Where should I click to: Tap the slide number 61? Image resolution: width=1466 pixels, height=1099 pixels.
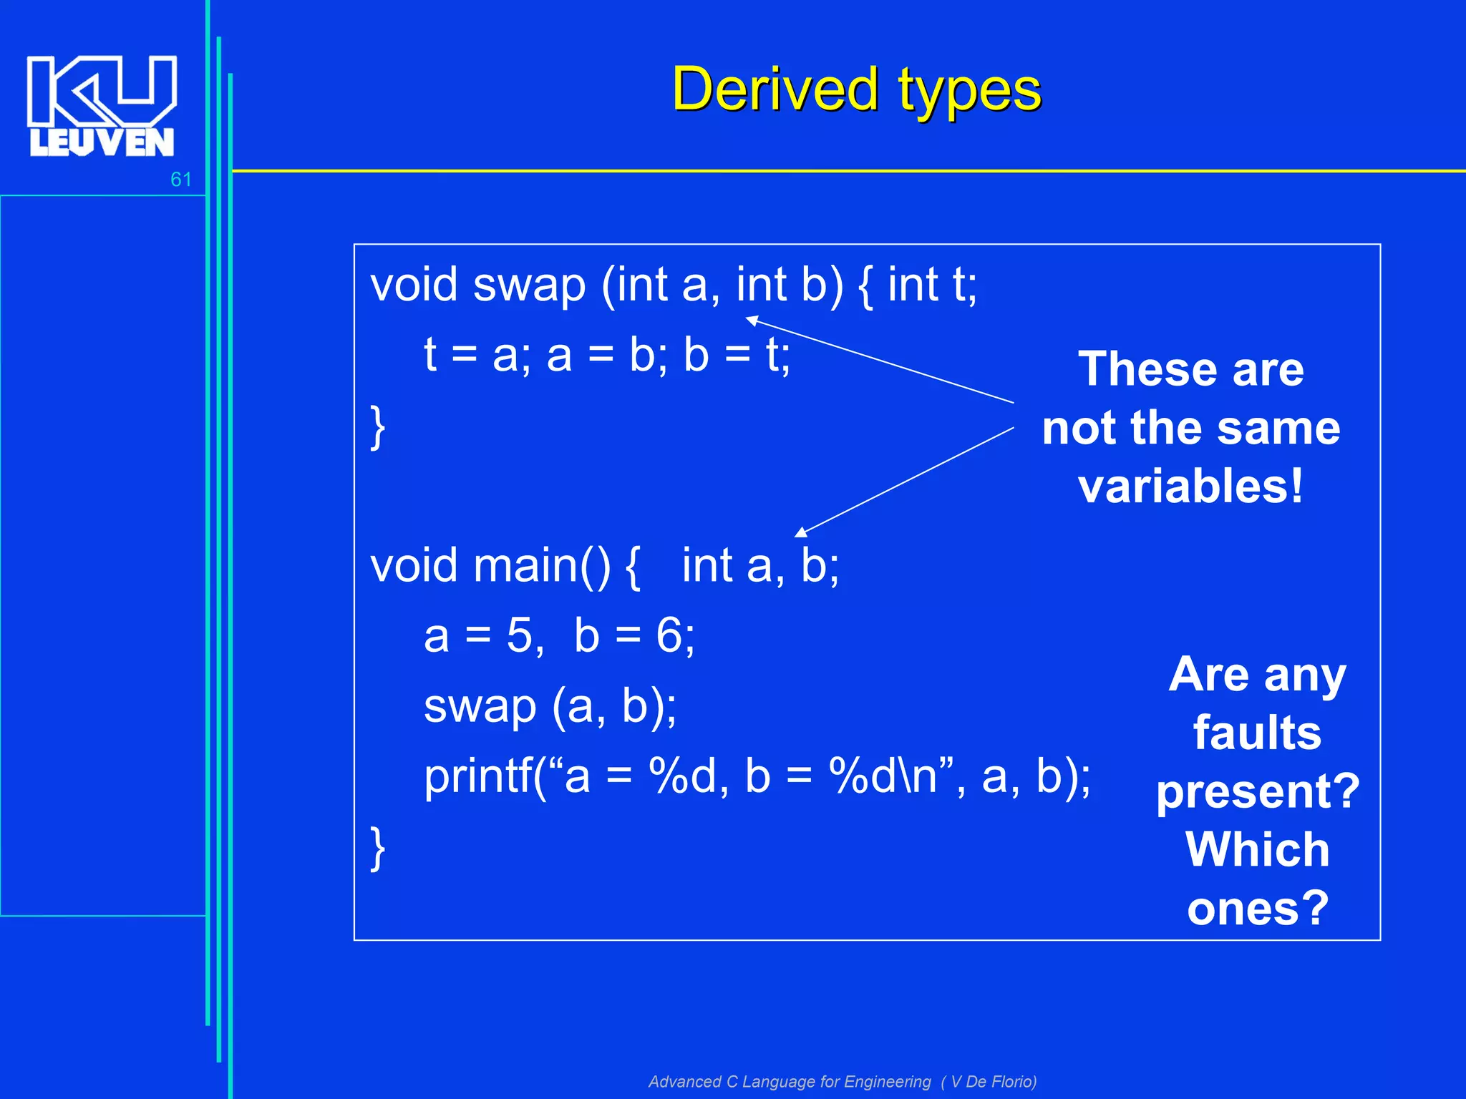click(180, 179)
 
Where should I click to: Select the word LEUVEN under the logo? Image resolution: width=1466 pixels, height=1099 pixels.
click(102, 142)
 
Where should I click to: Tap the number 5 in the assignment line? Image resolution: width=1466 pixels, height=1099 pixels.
click(520, 635)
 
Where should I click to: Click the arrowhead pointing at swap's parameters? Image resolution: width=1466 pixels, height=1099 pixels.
click(752, 320)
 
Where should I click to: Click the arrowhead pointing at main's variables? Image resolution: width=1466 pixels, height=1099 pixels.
click(801, 532)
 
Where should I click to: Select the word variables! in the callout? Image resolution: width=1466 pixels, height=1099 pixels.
click(1190, 487)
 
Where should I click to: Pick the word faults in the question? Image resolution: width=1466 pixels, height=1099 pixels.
click(1257, 733)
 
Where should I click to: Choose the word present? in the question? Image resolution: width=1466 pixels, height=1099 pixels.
click(1257, 792)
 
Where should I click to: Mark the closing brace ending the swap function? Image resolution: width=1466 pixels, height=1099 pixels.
click(378, 427)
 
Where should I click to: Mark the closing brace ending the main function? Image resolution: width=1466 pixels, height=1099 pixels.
click(378, 848)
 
